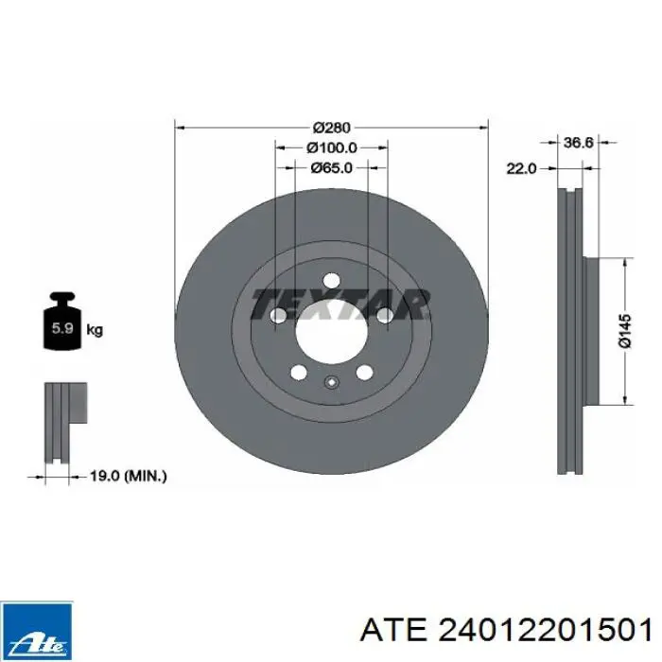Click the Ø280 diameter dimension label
332,127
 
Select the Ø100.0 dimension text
332,148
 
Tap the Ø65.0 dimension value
331,168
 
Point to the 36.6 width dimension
579,143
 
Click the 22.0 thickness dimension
521,168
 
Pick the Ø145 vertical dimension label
625,331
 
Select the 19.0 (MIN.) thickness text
129,477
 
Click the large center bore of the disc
331,331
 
